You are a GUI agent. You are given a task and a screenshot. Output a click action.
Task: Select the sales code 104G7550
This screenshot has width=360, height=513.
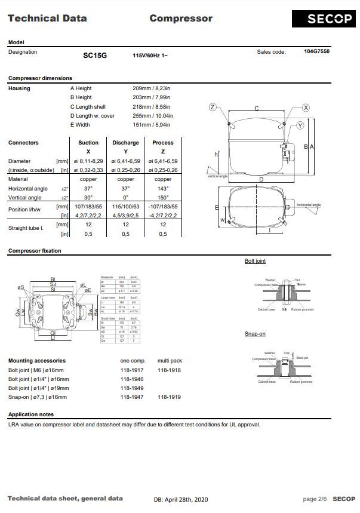(x=316, y=52)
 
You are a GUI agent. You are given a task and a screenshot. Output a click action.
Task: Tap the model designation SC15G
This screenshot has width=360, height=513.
(x=95, y=55)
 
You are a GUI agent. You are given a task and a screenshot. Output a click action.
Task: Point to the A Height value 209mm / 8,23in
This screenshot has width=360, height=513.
(x=151, y=88)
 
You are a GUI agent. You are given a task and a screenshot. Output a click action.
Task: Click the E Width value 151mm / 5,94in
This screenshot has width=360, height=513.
(x=151, y=125)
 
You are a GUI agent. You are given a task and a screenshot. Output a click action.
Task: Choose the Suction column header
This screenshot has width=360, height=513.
(x=88, y=143)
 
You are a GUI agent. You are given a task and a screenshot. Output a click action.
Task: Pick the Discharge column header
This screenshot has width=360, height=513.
(x=125, y=143)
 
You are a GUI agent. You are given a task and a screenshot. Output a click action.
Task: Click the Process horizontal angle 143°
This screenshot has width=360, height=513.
(x=162, y=188)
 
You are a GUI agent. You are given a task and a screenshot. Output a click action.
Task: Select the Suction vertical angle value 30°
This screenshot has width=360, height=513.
(x=88, y=198)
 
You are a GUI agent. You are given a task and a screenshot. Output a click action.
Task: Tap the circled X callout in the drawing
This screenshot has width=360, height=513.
(x=306, y=107)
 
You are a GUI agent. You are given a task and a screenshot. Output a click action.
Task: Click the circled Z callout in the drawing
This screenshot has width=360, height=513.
(x=212, y=107)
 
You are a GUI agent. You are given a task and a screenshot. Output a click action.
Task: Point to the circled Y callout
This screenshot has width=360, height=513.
(x=300, y=125)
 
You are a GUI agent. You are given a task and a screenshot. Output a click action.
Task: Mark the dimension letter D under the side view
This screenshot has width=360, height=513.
(x=261, y=179)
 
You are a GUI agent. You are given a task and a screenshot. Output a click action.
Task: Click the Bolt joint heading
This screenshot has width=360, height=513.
(x=255, y=261)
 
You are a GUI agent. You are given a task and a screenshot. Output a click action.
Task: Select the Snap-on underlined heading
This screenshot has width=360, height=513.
(x=255, y=334)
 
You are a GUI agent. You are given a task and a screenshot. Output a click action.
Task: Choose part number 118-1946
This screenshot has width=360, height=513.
(x=131, y=379)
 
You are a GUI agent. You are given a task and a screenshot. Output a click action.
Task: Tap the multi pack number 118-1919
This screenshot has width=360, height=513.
(x=170, y=397)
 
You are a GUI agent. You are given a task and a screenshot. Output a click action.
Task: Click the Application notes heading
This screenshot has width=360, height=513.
(x=31, y=414)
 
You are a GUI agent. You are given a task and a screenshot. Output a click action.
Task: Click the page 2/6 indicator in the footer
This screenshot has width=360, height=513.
(x=315, y=499)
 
